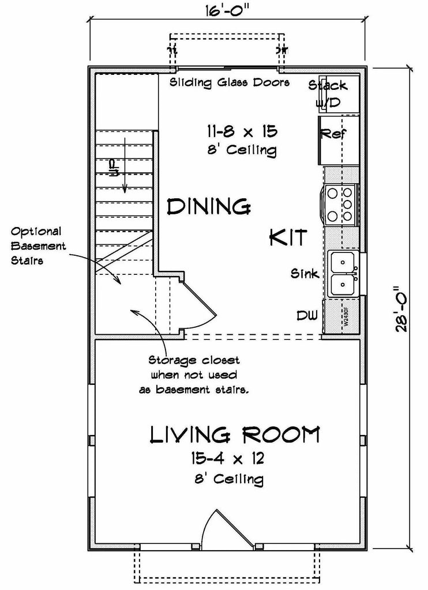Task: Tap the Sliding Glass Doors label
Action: (229, 82)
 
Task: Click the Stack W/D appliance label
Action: (328, 94)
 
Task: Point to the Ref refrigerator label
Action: (333, 134)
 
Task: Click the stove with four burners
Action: (340, 205)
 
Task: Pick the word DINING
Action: (208, 206)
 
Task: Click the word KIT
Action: (287, 237)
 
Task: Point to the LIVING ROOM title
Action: (234, 435)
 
